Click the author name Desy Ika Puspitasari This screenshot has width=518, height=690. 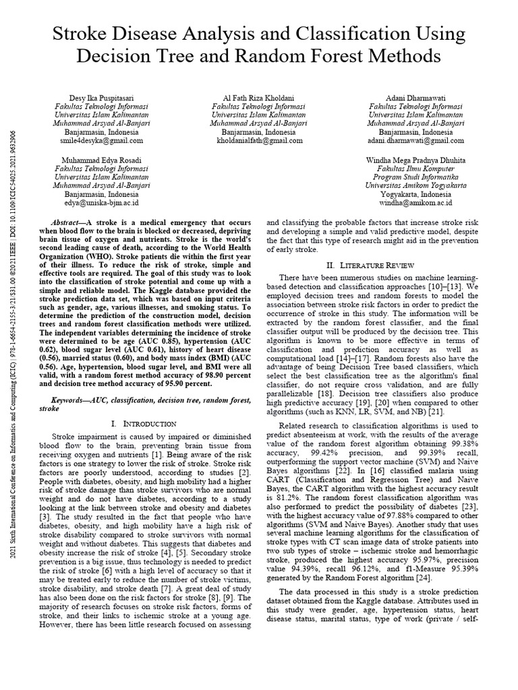(x=99, y=98)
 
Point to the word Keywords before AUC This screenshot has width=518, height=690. (x=72, y=400)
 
